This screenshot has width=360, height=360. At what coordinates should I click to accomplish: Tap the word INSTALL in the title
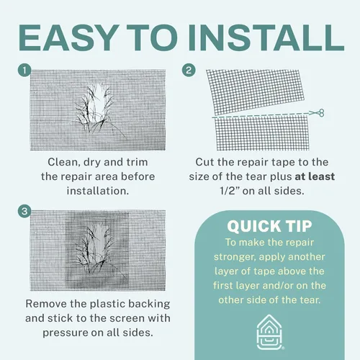[x=266, y=37]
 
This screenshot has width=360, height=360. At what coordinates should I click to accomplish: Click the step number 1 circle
[x=24, y=71]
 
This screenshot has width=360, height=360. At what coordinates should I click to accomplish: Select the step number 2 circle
[x=189, y=71]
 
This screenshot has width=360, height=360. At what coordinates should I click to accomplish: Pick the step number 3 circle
[x=24, y=212]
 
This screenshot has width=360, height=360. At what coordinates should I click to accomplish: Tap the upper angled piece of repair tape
[x=255, y=92]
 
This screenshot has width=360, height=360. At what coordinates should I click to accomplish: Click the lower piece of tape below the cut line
[x=262, y=132]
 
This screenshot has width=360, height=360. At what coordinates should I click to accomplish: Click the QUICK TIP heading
[x=269, y=226]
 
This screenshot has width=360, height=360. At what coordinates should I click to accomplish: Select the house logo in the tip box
[x=269, y=332]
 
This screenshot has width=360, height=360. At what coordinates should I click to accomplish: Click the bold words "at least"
[x=315, y=176]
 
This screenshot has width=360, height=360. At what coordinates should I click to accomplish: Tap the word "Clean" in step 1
[x=64, y=163]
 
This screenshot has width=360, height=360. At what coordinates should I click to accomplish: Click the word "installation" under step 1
[x=98, y=191]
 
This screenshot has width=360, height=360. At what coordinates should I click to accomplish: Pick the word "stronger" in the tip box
[x=235, y=257]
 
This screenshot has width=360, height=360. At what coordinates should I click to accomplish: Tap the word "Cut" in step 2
[x=204, y=162]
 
